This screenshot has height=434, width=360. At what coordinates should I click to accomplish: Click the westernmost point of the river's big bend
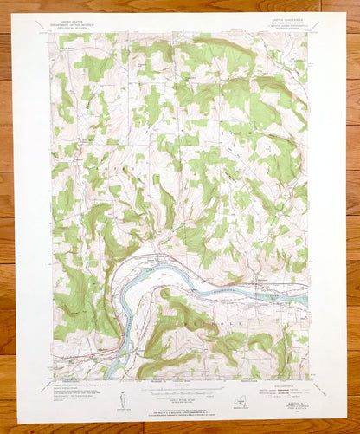[x=119, y=295]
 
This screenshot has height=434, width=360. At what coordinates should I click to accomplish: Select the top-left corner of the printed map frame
[x=53, y=34]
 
